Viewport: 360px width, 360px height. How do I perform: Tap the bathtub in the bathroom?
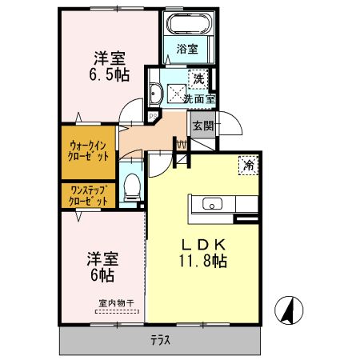[189, 24]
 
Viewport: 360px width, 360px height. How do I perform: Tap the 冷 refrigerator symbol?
[249, 166]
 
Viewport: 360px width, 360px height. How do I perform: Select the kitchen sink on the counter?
[214, 202]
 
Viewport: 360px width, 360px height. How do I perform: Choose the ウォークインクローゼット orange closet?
[89, 151]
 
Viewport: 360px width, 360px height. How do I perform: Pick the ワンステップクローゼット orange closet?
[89, 195]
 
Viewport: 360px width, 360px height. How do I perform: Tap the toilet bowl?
[133, 189]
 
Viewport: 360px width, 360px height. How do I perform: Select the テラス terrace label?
[161, 340]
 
